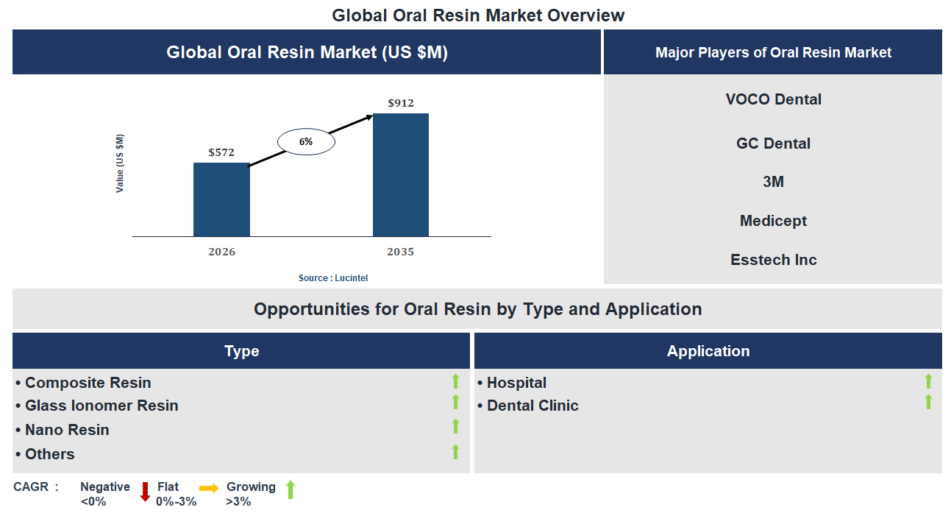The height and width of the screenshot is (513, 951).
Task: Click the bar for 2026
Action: [221, 199]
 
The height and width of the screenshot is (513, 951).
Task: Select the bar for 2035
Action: [401, 174]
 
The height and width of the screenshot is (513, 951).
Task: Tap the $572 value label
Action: [221, 152]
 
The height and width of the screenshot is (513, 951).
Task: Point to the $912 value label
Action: [401, 103]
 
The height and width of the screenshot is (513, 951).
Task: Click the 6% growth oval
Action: [306, 141]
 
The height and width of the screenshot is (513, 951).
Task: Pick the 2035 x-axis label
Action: [401, 252]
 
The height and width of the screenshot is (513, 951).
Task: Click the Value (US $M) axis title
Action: [120, 163]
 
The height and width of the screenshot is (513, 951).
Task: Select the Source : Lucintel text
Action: [333, 278]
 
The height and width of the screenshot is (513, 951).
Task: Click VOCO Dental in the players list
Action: [773, 99]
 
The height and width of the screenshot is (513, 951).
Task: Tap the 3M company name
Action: [773, 182]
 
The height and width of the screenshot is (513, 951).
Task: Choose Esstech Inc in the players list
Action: [773, 260]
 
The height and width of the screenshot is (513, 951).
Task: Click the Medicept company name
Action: [773, 221]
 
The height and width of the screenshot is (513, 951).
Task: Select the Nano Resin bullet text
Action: [67, 430]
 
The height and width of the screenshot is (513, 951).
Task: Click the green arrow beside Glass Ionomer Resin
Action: [455, 402]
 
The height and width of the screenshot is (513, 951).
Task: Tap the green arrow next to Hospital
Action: [928, 381]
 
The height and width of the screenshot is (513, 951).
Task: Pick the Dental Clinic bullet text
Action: [533, 406]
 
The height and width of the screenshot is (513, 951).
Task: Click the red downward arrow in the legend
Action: [145, 491]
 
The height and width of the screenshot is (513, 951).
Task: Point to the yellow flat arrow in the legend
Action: [209, 488]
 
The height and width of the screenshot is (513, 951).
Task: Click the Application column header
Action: [708, 351]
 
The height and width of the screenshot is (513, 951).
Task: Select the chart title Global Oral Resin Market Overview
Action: [478, 15]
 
